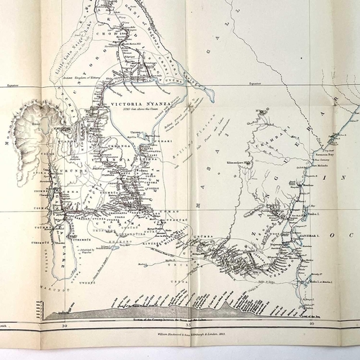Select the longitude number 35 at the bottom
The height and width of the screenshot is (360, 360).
tap(188, 325)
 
